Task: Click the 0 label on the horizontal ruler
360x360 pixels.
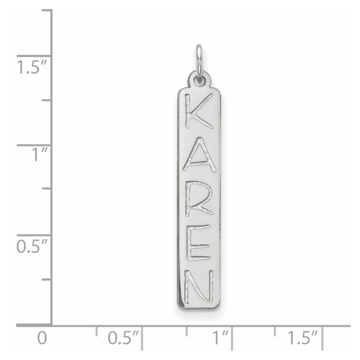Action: pos(42,338)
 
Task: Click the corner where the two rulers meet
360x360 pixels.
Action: pos(53,325)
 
